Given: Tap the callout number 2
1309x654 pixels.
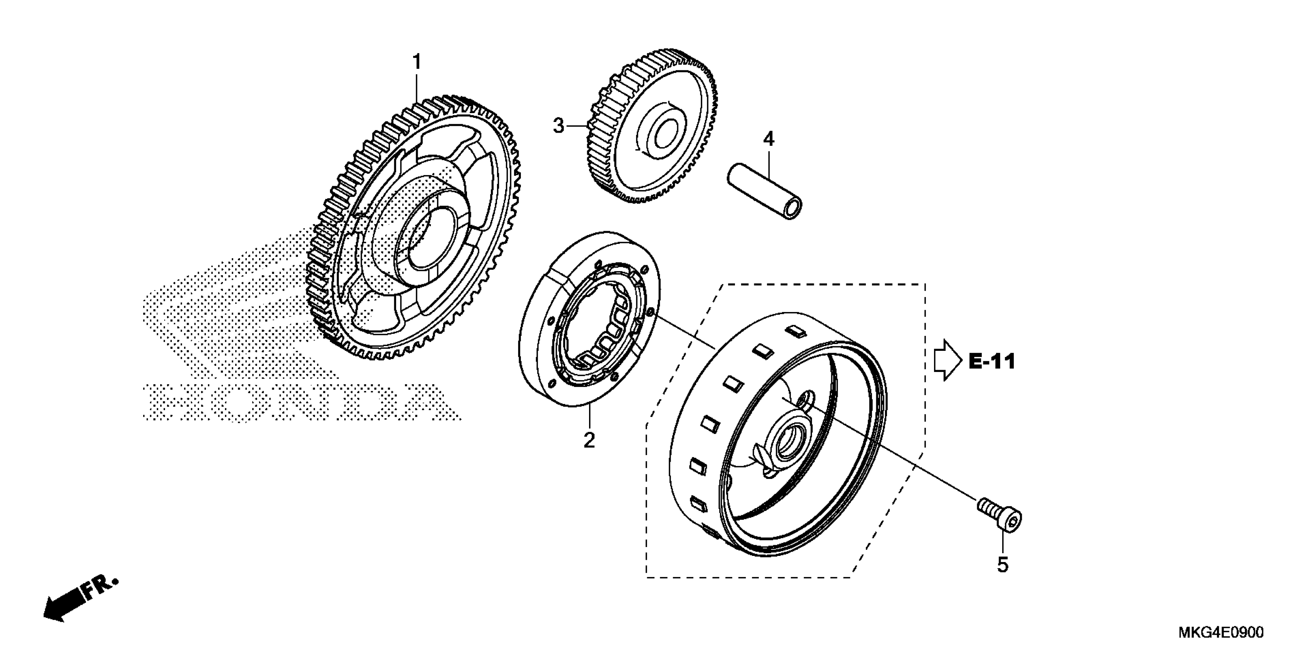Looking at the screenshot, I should [589, 440].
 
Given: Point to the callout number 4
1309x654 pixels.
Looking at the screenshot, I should [769, 138].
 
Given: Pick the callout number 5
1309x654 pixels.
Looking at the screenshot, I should [1002, 565].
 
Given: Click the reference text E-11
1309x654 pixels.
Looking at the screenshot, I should [991, 362].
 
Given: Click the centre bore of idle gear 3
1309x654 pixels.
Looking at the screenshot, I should [664, 135].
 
